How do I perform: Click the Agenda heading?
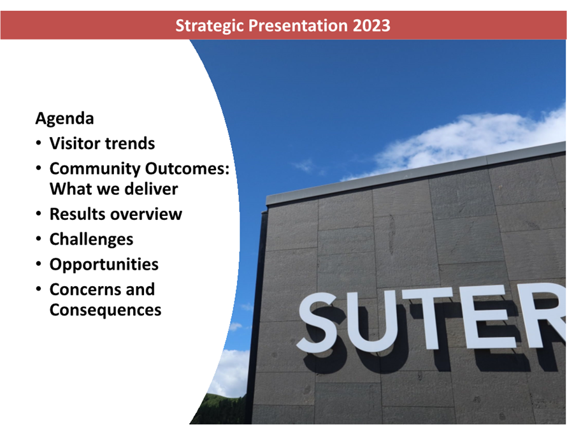pyautogui.click(x=65, y=119)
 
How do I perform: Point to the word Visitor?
pyautogui.click(x=74, y=143)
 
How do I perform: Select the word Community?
pyautogui.click(x=95, y=169)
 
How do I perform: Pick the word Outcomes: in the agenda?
pyautogui.click(x=187, y=169)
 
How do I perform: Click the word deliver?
pyautogui.click(x=151, y=189)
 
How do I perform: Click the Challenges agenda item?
pyautogui.click(x=92, y=240)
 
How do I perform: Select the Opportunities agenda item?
pyautogui.click(x=104, y=265)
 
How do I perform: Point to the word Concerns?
pyautogui.click(x=85, y=289)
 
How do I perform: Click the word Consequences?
pyautogui.click(x=106, y=310)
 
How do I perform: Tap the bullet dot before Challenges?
pyautogui.click(x=39, y=240)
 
